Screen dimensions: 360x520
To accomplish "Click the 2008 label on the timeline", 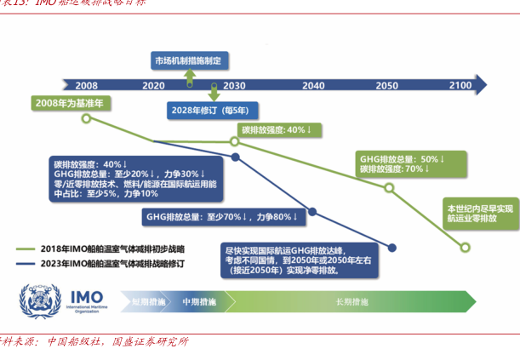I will tap(86, 86).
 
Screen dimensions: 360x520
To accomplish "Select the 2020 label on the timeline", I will tap(154, 86).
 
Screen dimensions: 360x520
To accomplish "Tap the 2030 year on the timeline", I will tap(234, 86).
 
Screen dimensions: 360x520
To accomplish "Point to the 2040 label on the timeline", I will tap(313, 86).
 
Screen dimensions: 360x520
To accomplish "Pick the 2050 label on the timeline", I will tap(386, 86).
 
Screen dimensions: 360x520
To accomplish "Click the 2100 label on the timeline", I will tap(460, 86).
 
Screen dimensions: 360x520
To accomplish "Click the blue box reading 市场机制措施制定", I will tap(187, 60).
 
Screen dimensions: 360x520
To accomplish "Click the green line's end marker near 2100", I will tap(465, 249).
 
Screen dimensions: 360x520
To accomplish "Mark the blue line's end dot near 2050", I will tap(392, 249).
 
